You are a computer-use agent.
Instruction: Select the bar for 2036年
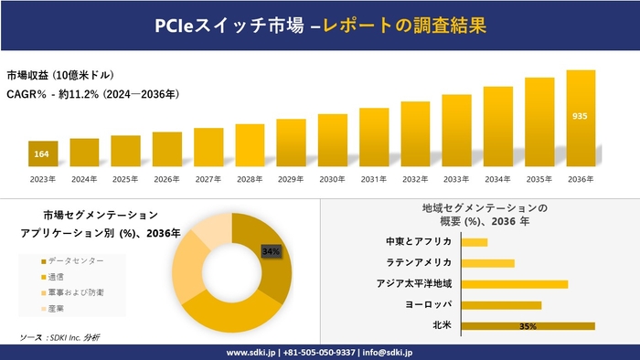[581, 119]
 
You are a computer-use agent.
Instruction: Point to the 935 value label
[581, 116]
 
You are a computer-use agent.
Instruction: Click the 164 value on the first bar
[42, 154]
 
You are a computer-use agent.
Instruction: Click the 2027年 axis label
[208, 179]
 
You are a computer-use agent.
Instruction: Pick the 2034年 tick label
[498, 179]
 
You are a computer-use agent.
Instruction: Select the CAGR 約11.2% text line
[92, 93]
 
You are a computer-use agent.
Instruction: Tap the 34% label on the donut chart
[271, 250]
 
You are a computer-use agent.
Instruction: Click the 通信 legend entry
[56, 276]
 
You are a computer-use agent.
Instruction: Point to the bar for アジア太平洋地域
[515, 284]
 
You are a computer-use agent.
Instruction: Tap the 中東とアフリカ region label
[419, 242]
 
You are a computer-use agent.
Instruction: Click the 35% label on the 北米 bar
[527, 325]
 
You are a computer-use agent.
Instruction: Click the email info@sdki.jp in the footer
[389, 352]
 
